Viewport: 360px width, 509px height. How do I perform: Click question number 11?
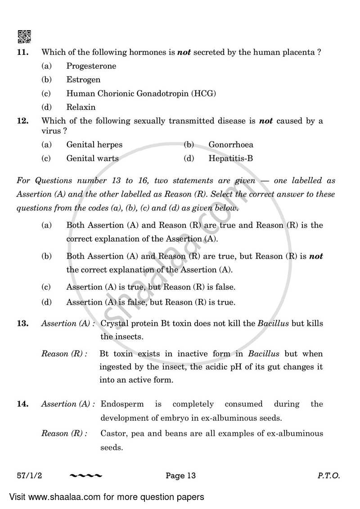point(22,52)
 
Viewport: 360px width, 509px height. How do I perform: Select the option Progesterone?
point(91,66)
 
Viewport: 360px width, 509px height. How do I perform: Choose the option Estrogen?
point(83,80)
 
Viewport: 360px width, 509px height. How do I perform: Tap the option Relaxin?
point(81,107)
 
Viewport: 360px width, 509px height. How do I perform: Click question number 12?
point(22,121)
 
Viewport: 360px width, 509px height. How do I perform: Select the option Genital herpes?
point(94,145)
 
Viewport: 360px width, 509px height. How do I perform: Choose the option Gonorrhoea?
point(230,145)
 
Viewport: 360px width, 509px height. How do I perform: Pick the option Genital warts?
point(92,158)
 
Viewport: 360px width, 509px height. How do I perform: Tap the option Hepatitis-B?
point(231,158)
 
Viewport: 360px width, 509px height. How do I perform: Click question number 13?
point(22,324)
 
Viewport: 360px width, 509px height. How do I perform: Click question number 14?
point(22,404)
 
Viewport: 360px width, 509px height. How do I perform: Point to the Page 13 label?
point(180,476)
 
